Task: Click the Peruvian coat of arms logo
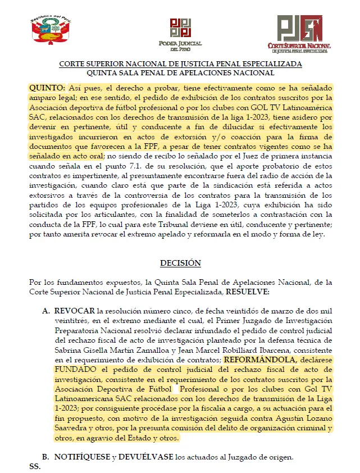[50, 31]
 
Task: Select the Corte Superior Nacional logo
[299, 33]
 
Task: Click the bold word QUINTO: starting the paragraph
[47, 89]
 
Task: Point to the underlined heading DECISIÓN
[180, 263]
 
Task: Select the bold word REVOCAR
[74, 310]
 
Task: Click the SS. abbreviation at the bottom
[35, 466]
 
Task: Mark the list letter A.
[45, 310]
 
